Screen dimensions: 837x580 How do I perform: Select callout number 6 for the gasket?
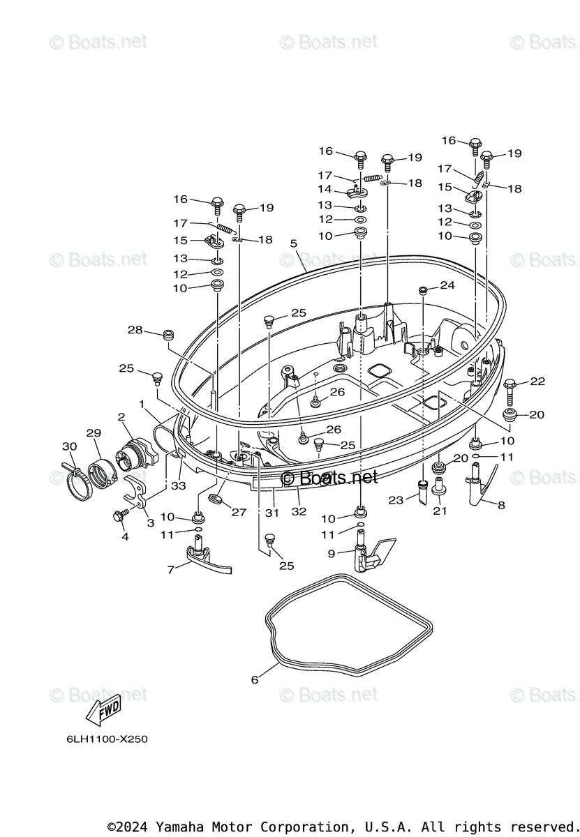255,679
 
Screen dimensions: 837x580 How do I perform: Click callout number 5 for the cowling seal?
294,243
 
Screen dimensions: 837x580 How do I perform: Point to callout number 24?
447,285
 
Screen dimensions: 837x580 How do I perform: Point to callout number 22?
537,382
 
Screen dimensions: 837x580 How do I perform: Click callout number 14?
325,189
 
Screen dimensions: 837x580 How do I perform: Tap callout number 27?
239,512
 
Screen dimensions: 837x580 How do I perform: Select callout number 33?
179,485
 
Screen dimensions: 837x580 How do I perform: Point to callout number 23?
396,499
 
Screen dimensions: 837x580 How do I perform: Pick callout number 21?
439,511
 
